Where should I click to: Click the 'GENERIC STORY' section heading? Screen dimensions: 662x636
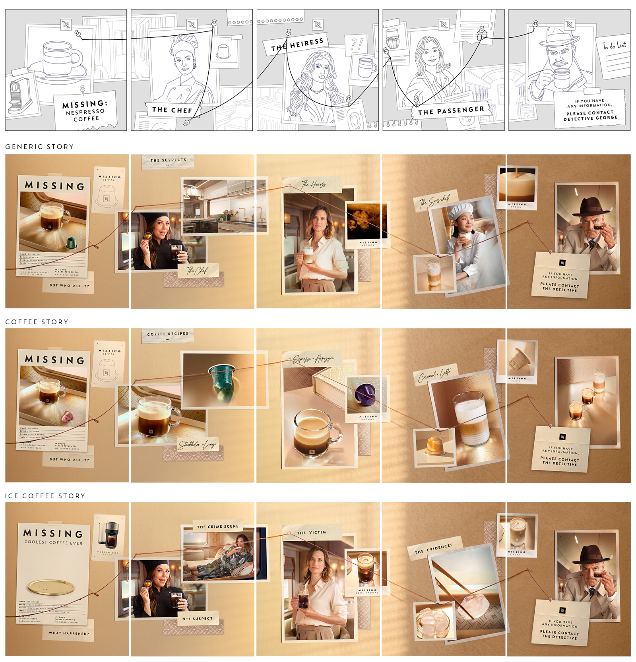pos(39,147)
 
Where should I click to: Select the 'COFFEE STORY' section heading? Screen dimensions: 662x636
pos(37,322)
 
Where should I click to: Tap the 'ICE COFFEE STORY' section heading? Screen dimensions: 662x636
pos(45,496)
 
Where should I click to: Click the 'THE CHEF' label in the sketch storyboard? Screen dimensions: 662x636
pos(172,110)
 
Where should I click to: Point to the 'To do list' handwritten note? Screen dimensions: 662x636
pos(614,46)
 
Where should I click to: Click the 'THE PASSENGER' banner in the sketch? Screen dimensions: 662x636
pos(451,110)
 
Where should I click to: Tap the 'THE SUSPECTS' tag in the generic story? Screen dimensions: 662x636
pos(168,160)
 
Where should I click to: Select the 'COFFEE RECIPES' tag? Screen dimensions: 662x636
pos(167,334)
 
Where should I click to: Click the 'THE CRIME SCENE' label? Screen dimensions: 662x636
pos(218,527)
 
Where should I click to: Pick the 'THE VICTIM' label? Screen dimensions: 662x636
pos(311,532)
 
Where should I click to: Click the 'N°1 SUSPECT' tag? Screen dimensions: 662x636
pos(198,619)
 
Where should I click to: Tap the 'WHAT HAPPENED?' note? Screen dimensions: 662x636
pos(69,633)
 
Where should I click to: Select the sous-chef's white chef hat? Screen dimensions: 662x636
pos(461,210)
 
